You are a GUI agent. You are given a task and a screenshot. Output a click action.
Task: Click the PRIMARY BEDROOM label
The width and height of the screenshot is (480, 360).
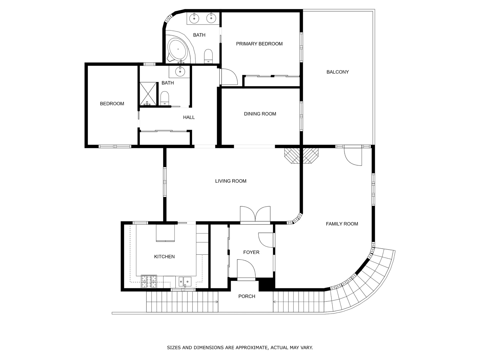pyautogui.click(x=259, y=44)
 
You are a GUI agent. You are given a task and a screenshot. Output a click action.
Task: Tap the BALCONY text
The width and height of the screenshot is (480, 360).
pyautogui.click(x=337, y=72)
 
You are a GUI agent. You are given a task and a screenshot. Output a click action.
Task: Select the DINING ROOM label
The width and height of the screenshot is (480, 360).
pyautogui.click(x=260, y=114)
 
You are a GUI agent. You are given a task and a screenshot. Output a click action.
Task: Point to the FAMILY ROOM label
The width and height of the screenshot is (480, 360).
pyautogui.click(x=342, y=224)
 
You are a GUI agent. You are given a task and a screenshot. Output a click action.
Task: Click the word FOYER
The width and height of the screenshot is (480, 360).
pyautogui.click(x=251, y=252)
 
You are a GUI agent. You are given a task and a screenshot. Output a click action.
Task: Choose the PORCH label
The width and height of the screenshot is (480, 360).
pyautogui.click(x=247, y=296)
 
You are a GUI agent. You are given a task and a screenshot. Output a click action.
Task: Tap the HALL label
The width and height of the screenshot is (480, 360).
pyautogui.click(x=189, y=117)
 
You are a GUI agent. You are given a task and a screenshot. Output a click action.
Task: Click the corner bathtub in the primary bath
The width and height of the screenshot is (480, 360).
pyautogui.click(x=178, y=50)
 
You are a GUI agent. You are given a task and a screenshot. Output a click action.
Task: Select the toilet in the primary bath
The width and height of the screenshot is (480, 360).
pyautogui.click(x=208, y=56)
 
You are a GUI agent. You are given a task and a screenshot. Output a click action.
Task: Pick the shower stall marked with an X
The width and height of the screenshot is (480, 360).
pyautogui.click(x=148, y=94)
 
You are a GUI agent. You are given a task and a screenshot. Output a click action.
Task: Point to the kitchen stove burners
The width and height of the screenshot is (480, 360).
pyautogui.click(x=149, y=281)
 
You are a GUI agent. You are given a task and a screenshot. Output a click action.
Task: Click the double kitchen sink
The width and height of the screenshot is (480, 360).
pyautogui.click(x=185, y=281)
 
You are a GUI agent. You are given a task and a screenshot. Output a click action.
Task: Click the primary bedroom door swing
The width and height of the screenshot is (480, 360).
pyautogui.click(x=229, y=77)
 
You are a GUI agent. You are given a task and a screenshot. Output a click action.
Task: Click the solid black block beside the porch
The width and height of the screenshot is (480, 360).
pyautogui.click(x=267, y=285)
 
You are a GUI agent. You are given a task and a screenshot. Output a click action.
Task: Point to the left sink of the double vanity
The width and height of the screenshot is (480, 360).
pyautogui.click(x=194, y=19)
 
